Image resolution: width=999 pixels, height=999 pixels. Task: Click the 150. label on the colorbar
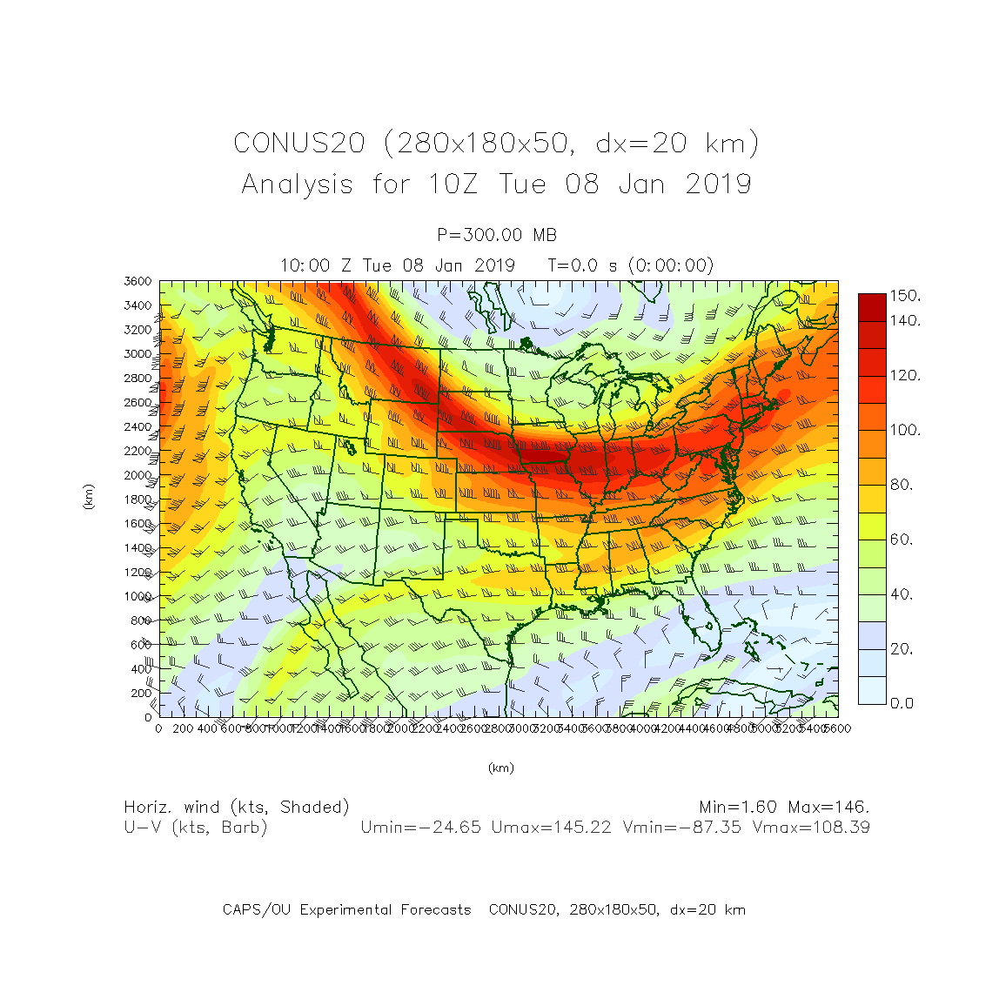tap(905, 296)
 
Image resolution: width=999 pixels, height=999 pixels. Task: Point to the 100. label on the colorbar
tap(905, 431)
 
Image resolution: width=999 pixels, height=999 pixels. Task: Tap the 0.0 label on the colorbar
tap(902, 703)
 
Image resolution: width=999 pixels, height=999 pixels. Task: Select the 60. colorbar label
tap(902, 540)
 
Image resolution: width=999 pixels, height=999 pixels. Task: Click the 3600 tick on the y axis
tap(137, 282)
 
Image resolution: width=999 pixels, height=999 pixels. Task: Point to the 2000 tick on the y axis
tap(137, 475)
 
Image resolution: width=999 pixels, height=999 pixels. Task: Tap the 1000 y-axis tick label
tap(137, 597)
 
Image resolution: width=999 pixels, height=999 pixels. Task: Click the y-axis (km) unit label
tap(88, 497)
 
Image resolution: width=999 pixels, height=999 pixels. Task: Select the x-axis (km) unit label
tap(500, 768)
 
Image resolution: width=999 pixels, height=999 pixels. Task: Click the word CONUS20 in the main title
tap(298, 144)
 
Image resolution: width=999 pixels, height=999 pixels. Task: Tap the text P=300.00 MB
tap(497, 235)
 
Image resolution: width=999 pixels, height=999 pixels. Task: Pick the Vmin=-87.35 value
tap(682, 828)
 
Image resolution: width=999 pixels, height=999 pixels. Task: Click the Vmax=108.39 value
tap(811, 828)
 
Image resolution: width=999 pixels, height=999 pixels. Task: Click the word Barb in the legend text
tap(244, 828)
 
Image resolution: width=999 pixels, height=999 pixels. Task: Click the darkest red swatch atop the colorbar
tap(872, 306)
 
